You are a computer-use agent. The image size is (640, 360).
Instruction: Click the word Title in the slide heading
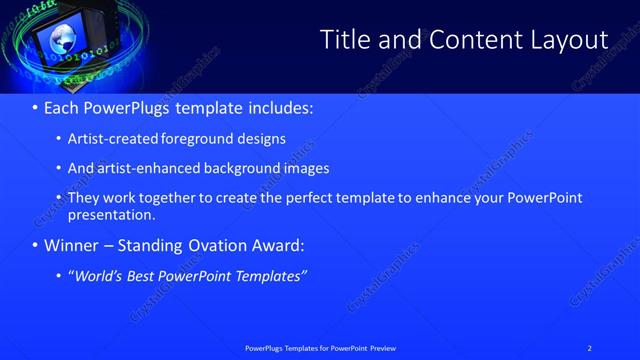[x=343, y=40]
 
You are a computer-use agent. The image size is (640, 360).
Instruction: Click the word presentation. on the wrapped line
[x=111, y=214]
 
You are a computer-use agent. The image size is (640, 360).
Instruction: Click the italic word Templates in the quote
[x=270, y=277]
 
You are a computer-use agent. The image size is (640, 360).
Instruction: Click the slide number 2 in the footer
[x=590, y=348]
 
